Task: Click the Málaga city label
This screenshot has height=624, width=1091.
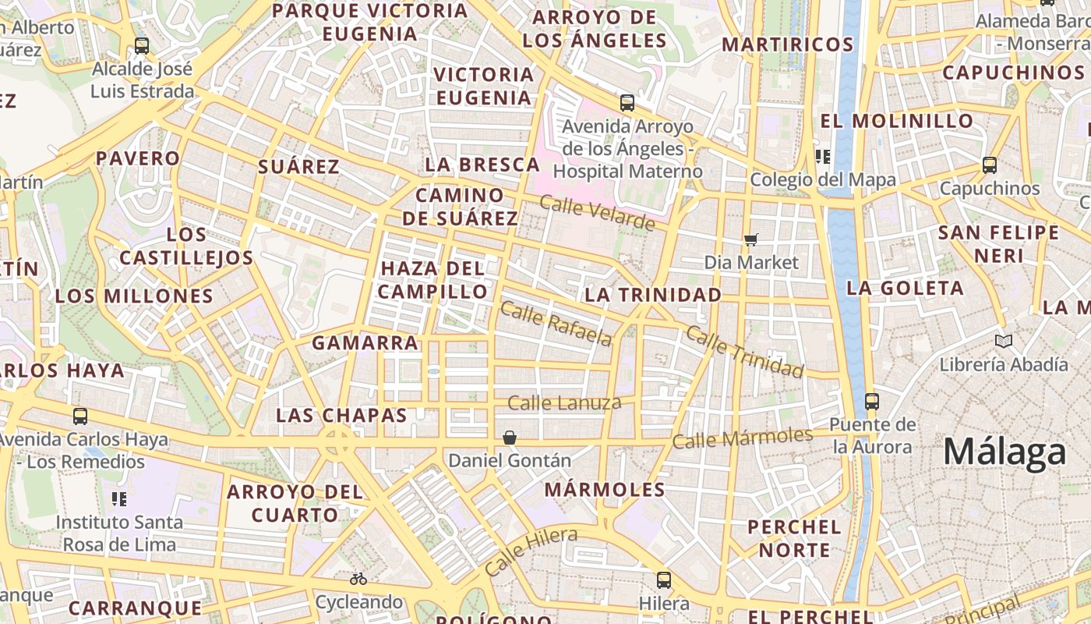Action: click(1004, 452)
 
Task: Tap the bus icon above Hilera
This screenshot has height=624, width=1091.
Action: click(663, 580)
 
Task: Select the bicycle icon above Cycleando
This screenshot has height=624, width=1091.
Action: click(358, 579)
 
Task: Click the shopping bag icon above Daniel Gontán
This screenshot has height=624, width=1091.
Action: click(510, 438)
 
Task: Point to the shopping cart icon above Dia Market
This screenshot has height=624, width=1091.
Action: click(751, 239)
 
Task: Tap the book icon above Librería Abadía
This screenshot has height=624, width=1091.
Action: click(1004, 341)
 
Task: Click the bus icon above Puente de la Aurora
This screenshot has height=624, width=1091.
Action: click(871, 402)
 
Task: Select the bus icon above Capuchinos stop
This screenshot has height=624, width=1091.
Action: click(989, 165)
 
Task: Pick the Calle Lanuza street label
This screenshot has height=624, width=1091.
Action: click(564, 403)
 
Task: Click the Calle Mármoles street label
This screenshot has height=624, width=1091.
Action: click(742, 438)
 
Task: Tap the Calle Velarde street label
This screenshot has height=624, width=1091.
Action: click(597, 214)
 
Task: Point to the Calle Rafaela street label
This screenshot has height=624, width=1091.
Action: click(556, 323)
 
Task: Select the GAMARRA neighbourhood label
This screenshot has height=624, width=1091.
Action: click(365, 343)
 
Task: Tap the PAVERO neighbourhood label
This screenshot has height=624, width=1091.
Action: click(138, 158)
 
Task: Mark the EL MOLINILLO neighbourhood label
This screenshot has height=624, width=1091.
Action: click(897, 121)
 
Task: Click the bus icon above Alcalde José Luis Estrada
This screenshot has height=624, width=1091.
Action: click(141, 46)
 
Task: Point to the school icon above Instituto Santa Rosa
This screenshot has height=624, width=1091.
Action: click(119, 498)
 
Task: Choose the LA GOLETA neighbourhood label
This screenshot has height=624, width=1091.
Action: click(905, 288)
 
